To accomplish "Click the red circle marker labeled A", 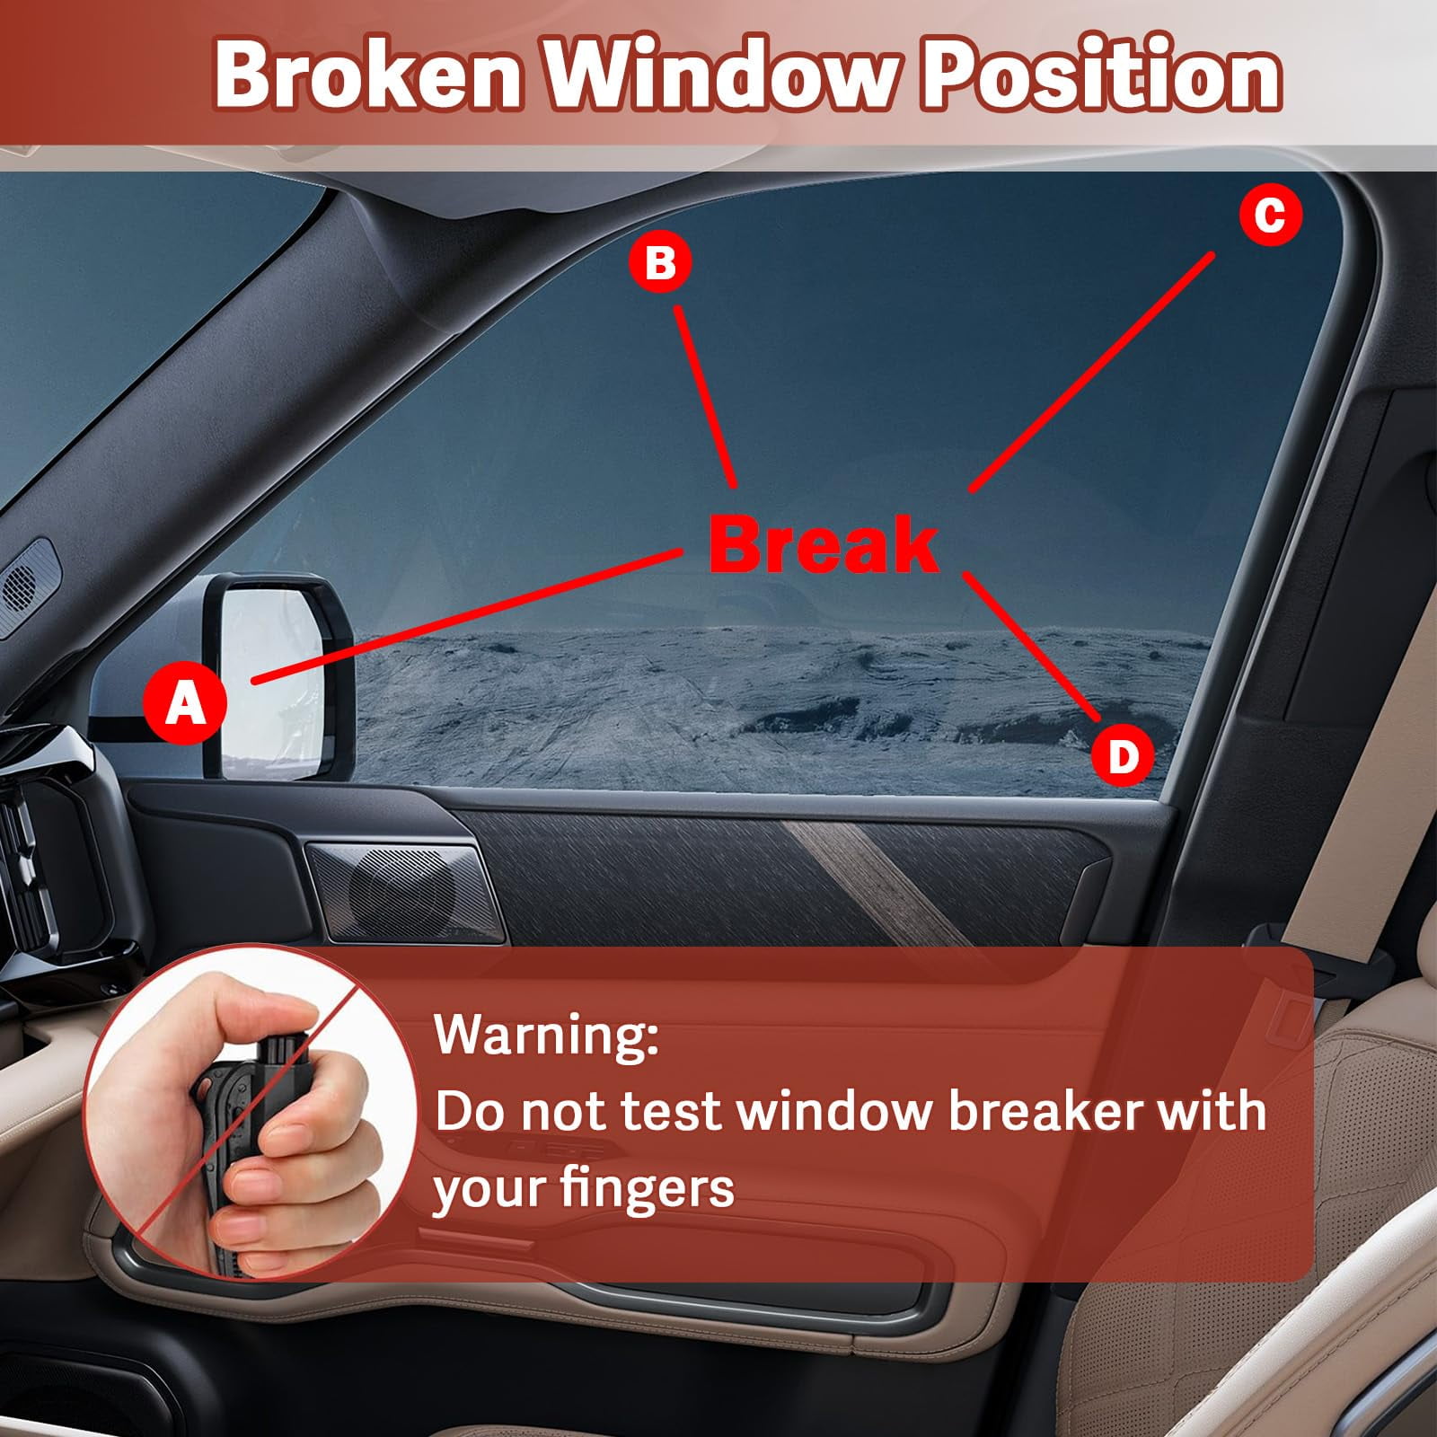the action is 185,703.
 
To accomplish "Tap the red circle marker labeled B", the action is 660,263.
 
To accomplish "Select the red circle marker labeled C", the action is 1270,216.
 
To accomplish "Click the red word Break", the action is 824,544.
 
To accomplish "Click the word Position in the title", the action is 1101,75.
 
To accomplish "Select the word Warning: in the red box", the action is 546,1035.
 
